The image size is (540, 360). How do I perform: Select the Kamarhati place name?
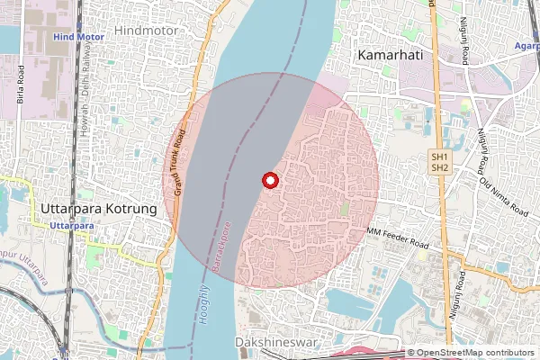(391, 55)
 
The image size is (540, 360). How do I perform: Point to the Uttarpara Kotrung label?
(98, 208)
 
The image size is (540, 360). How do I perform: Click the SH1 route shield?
(439, 157)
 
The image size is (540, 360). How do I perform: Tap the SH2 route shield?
(439, 167)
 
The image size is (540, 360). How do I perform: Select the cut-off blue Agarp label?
(527, 44)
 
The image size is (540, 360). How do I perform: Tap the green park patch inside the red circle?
(346, 210)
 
